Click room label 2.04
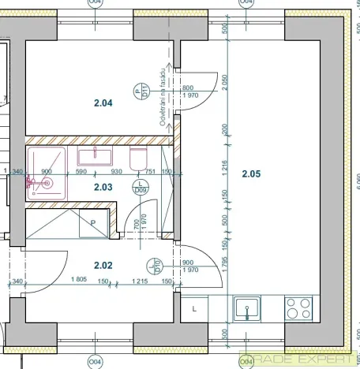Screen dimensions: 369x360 pyautogui.click(x=103, y=102)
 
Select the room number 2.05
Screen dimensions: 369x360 pyautogui.click(x=250, y=173)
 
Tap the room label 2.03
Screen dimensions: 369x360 pyautogui.click(x=103, y=187)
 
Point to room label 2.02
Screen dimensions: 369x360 pyautogui.click(x=103, y=266)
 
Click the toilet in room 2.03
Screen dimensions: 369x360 pyautogui.click(x=138, y=157)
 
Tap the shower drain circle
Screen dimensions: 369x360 pyautogui.click(x=46, y=182)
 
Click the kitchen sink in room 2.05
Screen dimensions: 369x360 pyautogui.click(x=247, y=307)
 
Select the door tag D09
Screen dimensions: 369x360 pyautogui.click(x=141, y=185)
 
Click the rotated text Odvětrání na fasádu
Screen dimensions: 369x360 pyautogui.click(x=163, y=96)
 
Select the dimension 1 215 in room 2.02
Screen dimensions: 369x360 pyautogui.click(x=140, y=281)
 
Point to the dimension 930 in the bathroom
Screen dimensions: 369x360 pyautogui.click(x=116, y=171)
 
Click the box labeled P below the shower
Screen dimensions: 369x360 pyautogui.click(x=92, y=223)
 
